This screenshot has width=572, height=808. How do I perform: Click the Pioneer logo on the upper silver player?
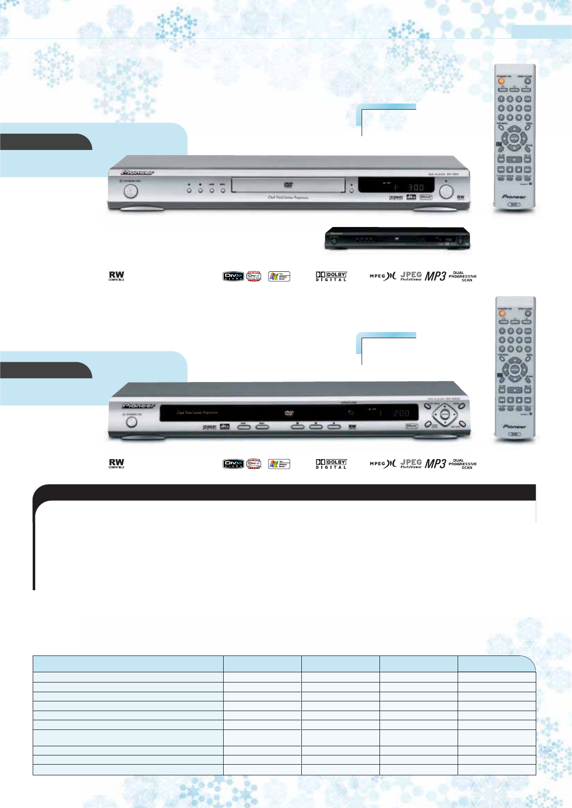coord(138,172)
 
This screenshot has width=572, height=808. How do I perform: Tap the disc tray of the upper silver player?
coord(289,185)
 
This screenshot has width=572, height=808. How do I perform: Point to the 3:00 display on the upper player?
coord(415,187)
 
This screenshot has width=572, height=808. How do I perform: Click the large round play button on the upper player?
coord(446,191)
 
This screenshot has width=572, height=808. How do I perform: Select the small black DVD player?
coord(397,239)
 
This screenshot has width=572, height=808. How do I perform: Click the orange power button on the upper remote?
coord(501,81)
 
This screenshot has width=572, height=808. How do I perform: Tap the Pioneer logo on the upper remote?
coord(514,196)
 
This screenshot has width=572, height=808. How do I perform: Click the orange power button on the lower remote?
coord(503,313)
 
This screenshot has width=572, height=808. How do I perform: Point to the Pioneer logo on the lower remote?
coord(514,426)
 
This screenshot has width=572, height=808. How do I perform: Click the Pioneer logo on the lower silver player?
coord(138,406)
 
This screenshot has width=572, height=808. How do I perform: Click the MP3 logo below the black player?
coord(436,276)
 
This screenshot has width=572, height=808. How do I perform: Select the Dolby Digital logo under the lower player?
coord(331,464)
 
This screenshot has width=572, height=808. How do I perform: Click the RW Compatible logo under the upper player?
coord(116,276)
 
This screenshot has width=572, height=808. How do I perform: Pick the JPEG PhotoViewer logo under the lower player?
coord(411,463)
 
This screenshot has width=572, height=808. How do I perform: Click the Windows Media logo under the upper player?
coord(279,276)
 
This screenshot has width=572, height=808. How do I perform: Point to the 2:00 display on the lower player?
coord(401,413)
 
